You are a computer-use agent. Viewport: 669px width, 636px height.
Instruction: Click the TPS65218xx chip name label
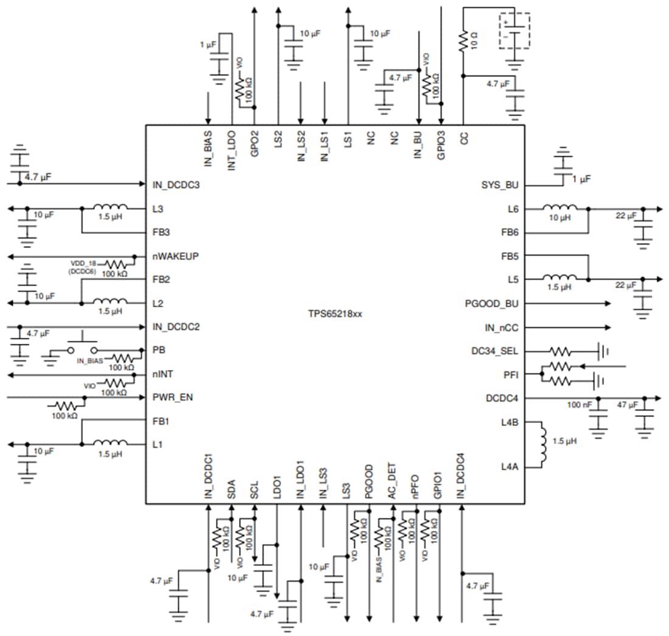point(334,315)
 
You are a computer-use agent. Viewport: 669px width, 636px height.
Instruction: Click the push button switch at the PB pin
point(82,348)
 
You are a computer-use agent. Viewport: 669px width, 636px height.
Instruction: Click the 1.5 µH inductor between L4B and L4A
point(541,444)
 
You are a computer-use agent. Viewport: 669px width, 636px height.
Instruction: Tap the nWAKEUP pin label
point(173,256)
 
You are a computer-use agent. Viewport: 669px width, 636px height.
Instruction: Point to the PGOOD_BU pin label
point(491,303)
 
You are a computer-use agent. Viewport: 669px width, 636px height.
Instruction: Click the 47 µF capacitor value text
point(628,405)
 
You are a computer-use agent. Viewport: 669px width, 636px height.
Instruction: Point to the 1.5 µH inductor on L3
point(109,208)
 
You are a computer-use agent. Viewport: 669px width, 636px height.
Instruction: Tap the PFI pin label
point(511,374)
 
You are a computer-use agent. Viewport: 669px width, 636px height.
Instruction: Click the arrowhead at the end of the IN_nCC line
point(608,327)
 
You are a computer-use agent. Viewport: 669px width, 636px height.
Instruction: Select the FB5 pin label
point(509,256)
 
